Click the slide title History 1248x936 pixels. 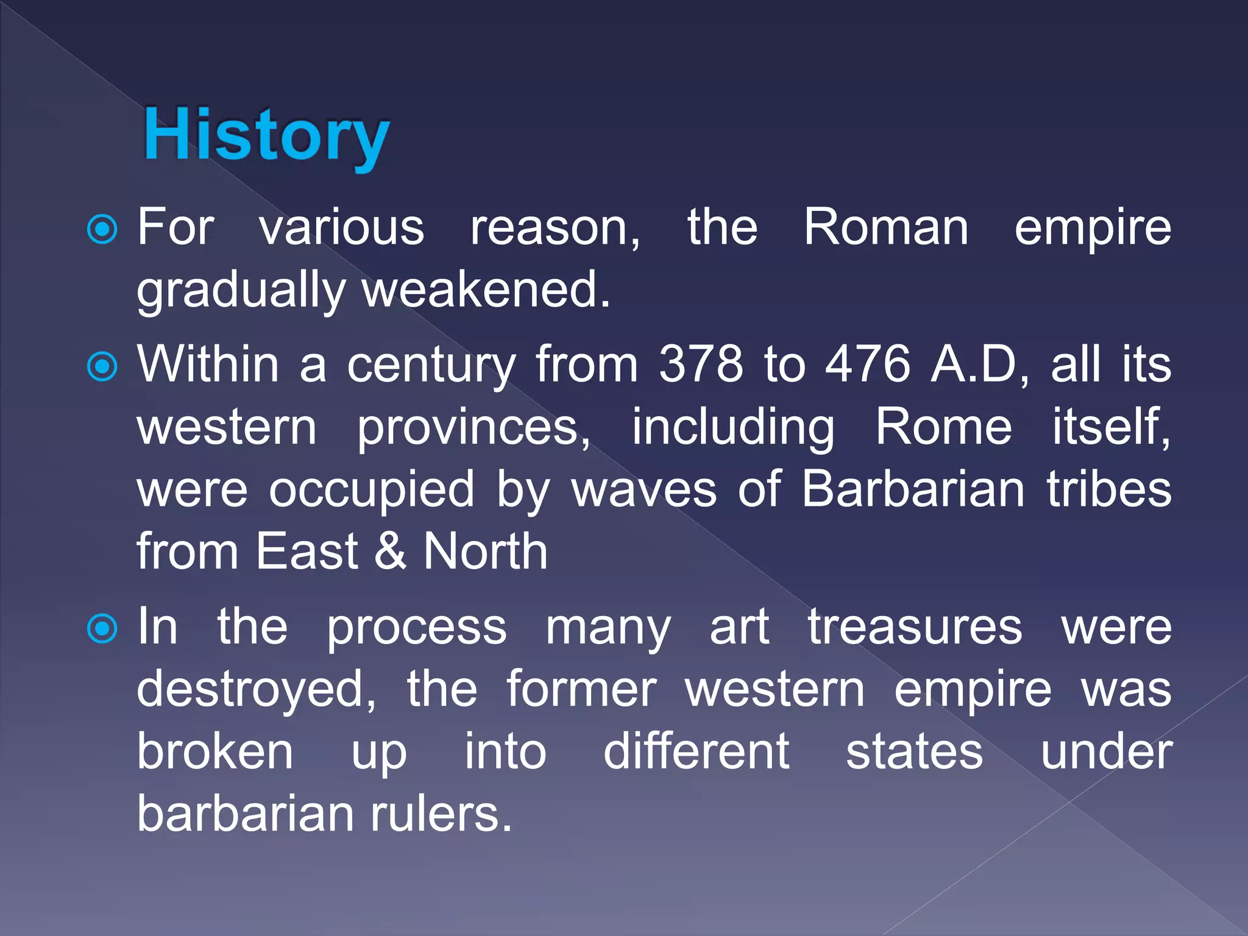[x=266, y=135]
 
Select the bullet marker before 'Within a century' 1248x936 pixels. [x=102, y=367]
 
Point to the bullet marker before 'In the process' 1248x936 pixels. [x=102, y=629]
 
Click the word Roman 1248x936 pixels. [x=885, y=227]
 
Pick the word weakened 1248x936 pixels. [x=486, y=290]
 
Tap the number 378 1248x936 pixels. [x=701, y=364]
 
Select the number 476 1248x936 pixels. [x=868, y=364]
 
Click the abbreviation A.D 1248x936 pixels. [x=977, y=364]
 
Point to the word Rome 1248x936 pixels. [x=943, y=427]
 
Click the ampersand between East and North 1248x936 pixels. [x=390, y=551]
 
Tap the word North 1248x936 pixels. [x=486, y=551]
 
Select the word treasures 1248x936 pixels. [x=915, y=628]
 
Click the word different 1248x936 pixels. [x=696, y=752]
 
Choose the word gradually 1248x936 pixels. [x=241, y=291]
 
